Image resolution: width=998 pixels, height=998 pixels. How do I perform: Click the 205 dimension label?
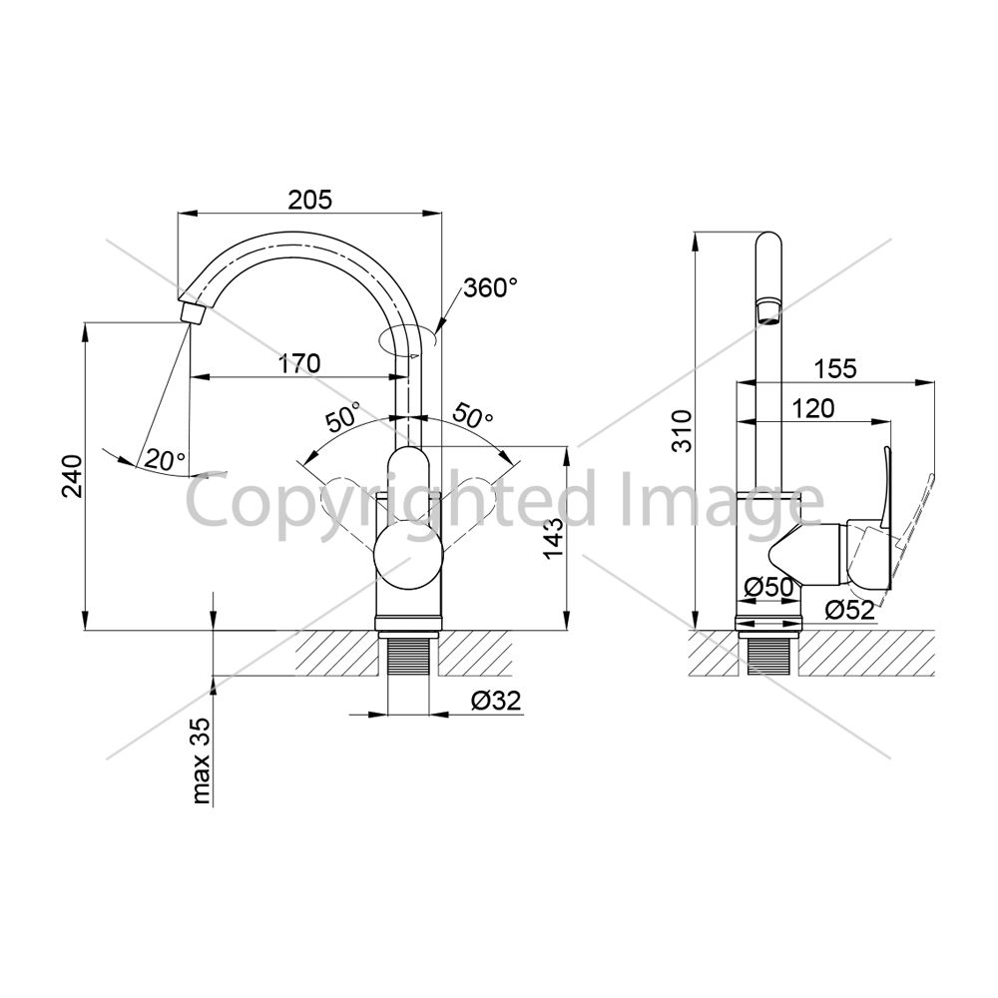(x=310, y=200)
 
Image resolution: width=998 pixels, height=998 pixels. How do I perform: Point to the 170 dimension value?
(x=299, y=363)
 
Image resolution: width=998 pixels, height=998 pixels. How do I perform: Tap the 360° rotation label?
(x=490, y=287)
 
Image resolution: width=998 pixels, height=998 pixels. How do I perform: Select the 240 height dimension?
(x=72, y=475)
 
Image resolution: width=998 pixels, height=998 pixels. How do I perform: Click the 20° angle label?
(x=165, y=459)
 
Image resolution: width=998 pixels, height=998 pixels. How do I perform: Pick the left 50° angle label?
(x=343, y=416)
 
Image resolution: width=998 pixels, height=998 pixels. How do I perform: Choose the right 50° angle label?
(x=472, y=416)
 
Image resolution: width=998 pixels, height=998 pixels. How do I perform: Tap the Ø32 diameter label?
(x=496, y=701)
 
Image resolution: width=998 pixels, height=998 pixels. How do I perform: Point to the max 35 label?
(x=202, y=760)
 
